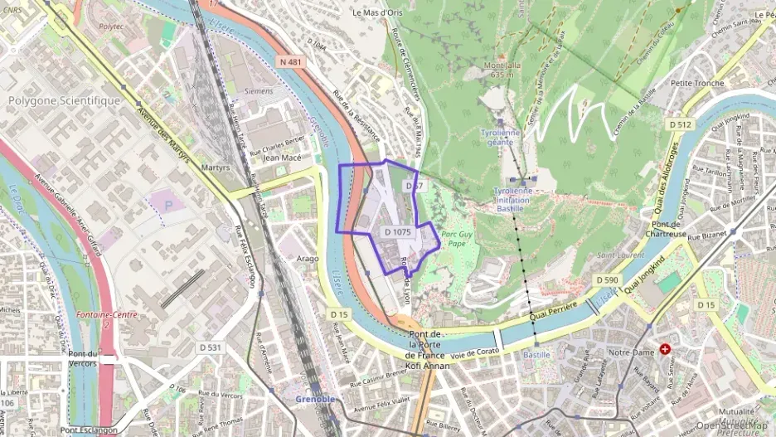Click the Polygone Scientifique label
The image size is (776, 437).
point(64,100)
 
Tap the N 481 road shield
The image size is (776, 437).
point(290,61)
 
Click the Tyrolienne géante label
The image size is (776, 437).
point(502,137)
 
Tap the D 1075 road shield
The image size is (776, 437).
point(398,233)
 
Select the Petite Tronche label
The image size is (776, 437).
point(698,83)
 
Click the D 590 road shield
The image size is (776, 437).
point(607,281)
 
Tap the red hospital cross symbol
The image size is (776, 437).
point(663,350)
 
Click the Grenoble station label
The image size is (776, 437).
point(316,399)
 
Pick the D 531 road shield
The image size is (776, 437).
point(210,347)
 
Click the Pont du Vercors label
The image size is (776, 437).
point(83,359)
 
